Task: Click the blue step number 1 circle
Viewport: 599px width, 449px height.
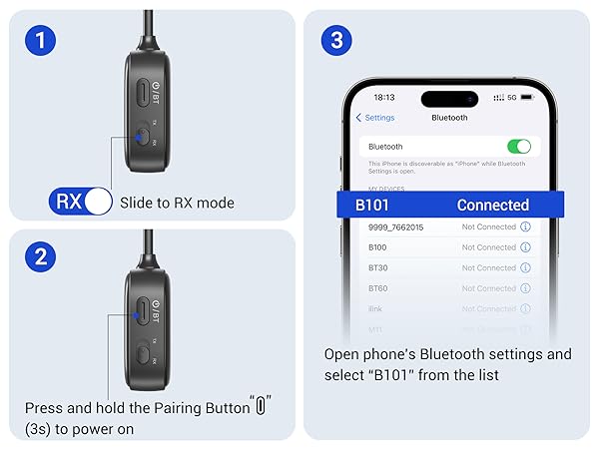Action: (x=41, y=41)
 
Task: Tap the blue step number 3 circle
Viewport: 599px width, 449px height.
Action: (x=335, y=41)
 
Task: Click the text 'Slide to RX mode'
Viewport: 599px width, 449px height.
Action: (x=177, y=203)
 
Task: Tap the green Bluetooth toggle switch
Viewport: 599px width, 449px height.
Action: (x=518, y=146)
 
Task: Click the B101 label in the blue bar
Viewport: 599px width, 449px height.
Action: (x=372, y=206)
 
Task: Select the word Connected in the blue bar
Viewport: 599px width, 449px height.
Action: (x=492, y=206)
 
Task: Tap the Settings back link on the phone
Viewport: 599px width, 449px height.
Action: (x=375, y=118)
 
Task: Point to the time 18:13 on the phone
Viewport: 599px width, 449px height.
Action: (x=384, y=98)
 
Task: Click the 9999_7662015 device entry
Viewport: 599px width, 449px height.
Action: (x=396, y=226)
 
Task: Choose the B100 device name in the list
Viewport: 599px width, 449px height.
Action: (x=377, y=247)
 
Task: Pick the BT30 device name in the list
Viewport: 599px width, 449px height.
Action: (x=377, y=267)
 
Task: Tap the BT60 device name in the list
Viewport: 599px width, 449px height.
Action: (x=377, y=288)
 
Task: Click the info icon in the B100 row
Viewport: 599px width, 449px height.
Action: (x=525, y=247)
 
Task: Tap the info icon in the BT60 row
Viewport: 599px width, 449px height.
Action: (x=525, y=288)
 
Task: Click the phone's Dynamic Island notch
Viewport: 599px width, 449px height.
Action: (x=449, y=99)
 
